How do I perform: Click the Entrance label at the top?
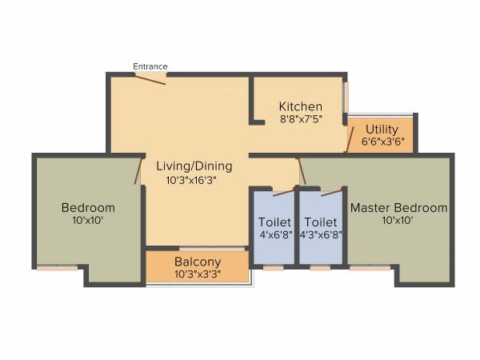pos(150,66)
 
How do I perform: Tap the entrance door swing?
pos(150,78)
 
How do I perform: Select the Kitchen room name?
pos(300,106)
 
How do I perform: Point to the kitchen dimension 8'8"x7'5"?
pos(300,119)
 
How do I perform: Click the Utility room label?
pos(382,129)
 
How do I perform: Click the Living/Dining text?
pos(194,166)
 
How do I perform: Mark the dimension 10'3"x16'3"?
pos(194,180)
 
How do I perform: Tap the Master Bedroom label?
pos(398,207)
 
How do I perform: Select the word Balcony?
pos(197,262)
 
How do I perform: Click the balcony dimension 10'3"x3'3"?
pos(197,274)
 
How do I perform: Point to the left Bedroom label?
pos(88,207)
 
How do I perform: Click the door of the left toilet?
pos(282,192)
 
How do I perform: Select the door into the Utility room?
pos(349,139)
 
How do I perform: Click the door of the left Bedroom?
pos(138,170)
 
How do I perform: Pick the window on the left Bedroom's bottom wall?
pos(58,268)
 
